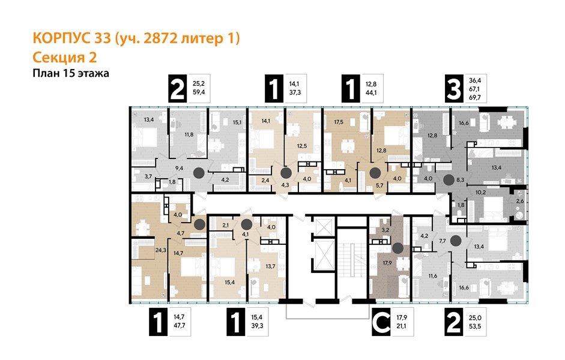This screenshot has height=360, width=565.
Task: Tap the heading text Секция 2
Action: click(x=64, y=58)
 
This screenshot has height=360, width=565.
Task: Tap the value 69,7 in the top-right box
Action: click(x=476, y=97)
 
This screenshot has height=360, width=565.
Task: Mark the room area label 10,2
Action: click(x=480, y=193)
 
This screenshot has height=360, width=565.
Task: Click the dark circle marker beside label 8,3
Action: click(x=448, y=179)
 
